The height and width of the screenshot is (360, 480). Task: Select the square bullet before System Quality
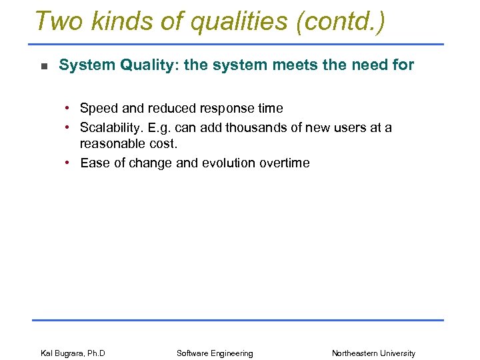pos(43,66)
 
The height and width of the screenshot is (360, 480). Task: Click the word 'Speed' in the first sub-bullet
pos(98,108)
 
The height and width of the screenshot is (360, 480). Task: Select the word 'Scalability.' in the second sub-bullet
pos(116,127)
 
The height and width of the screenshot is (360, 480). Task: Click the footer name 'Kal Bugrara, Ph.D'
pos(73,353)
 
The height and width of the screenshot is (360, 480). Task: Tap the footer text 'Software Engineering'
pos(215,353)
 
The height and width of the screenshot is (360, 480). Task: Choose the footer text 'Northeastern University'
pos(373,353)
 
